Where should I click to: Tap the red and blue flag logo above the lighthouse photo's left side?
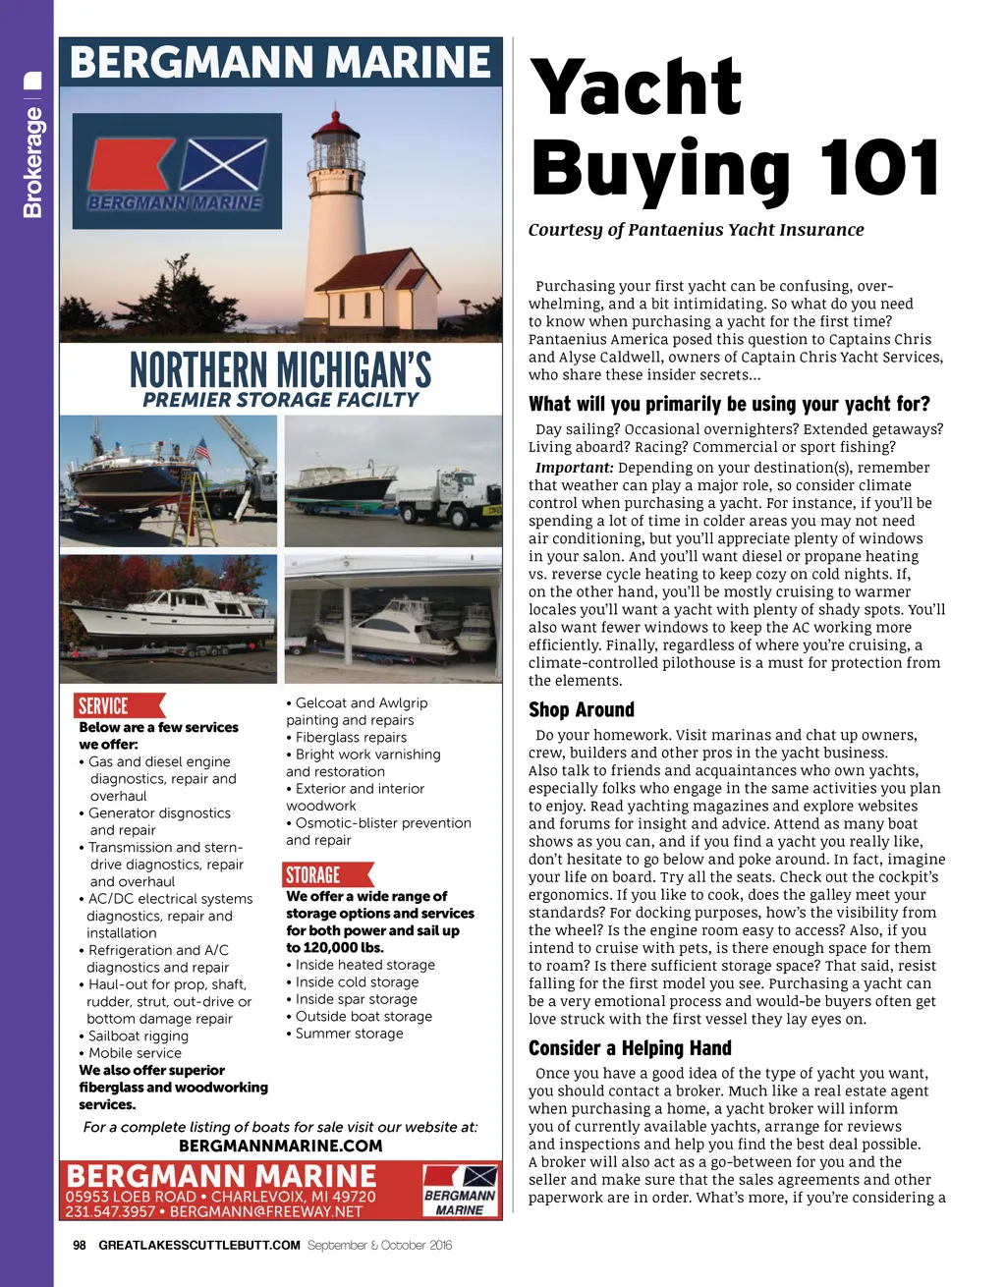point(177,170)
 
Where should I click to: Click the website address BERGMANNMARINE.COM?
point(281,1146)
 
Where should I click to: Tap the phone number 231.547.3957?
point(110,1211)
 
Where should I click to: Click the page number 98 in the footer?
point(80,1245)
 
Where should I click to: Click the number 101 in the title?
point(879,169)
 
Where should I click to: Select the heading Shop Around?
point(582,709)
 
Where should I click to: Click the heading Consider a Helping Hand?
point(630,1047)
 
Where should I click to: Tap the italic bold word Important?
point(575,468)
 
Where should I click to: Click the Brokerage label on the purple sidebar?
point(32,162)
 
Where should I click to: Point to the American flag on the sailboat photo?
point(202,450)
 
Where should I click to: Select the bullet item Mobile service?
point(135,1052)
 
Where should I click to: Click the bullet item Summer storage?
point(349,1034)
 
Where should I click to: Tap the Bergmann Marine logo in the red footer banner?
point(460,1191)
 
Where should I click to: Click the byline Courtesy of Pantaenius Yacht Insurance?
point(696,230)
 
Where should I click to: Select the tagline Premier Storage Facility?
point(281,400)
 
